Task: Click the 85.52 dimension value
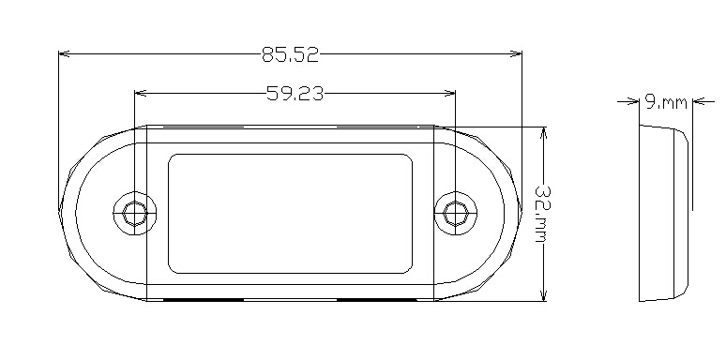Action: point(291,54)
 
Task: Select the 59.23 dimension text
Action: point(295,94)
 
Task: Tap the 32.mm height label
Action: point(543,214)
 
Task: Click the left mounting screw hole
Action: point(135,214)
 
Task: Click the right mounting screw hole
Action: point(456,214)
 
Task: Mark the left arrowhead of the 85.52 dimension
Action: point(65,53)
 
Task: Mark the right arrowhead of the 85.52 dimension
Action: point(516,53)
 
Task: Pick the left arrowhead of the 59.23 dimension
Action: point(141,94)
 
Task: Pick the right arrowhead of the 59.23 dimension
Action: point(449,94)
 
